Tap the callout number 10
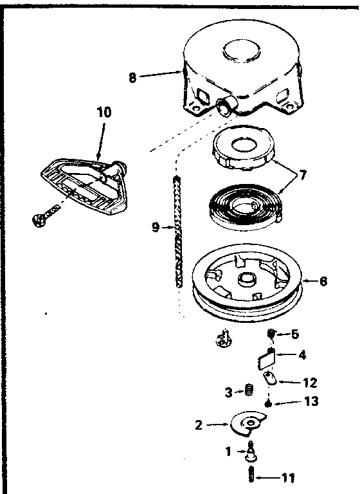[104, 112]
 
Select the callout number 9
[155, 226]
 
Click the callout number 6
[323, 280]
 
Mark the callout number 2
[199, 425]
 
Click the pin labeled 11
[250, 477]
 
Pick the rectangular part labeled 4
[266, 357]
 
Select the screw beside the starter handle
[42, 216]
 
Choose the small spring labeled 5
[272, 334]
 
